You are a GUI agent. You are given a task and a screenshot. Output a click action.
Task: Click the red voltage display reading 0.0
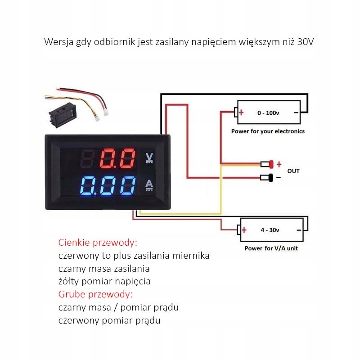[x=117, y=158]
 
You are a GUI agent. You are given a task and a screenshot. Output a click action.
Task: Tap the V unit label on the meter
[x=149, y=157]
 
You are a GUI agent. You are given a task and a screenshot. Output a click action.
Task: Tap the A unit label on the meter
[x=149, y=184]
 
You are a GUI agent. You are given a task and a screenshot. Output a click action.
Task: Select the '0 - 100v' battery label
[x=268, y=113]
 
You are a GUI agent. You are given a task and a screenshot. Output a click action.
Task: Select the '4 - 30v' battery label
[x=270, y=230]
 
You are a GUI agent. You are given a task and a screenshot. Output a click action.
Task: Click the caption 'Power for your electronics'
[x=268, y=131]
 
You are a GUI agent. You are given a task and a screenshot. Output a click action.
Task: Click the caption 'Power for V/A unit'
[x=271, y=248]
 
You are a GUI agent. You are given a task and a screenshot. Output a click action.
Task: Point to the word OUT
[x=293, y=171]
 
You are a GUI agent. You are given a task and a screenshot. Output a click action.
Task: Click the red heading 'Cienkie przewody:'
[x=98, y=243]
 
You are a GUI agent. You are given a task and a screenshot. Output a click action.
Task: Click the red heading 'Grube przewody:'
[x=96, y=295]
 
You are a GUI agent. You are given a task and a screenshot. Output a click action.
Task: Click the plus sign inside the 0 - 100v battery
[x=242, y=112]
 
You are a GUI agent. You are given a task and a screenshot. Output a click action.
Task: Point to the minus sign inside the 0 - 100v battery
[x=296, y=113]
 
